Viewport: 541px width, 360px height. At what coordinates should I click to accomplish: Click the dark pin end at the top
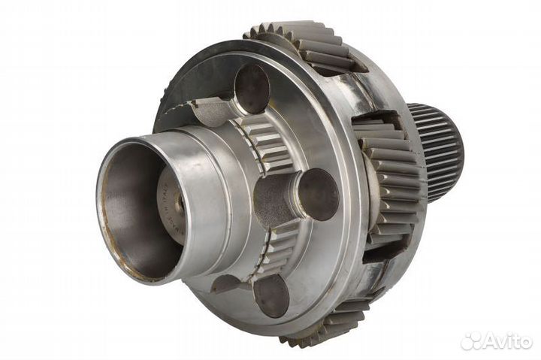[x=252, y=89]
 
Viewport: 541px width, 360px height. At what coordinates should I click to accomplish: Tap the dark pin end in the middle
[x=318, y=194]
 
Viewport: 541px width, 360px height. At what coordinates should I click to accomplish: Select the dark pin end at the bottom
[x=270, y=295]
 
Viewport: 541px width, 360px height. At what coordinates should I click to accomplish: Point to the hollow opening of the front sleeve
[x=135, y=207]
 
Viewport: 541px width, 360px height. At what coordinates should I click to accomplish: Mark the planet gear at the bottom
[x=331, y=323]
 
